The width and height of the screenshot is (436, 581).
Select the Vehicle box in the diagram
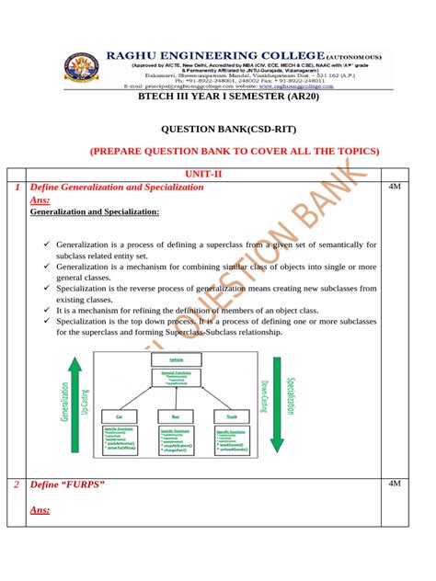click(176, 359)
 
